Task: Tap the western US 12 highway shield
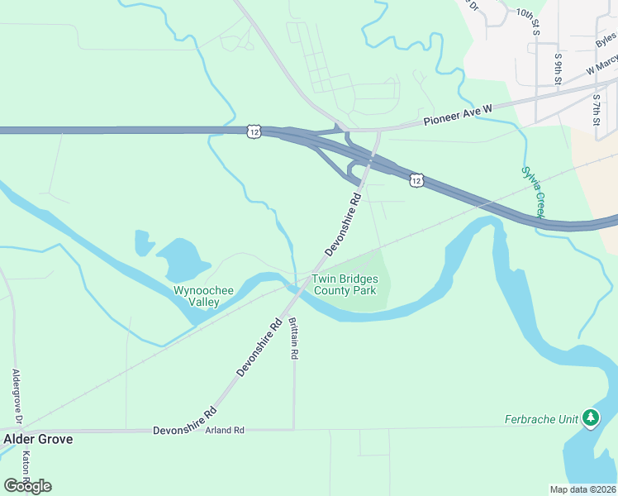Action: (253, 131)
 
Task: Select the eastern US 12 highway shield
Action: (416, 179)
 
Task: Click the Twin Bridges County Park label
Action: (344, 285)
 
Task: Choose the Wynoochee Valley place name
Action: (196, 296)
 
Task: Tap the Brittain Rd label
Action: (294, 339)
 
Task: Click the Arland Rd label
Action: (226, 431)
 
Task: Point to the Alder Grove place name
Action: (38, 439)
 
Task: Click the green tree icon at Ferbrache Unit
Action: (590, 418)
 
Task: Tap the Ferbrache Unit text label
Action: (541, 419)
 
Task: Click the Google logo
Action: (27, 485)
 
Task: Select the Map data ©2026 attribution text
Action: (582, 489)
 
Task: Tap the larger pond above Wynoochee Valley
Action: (183, 259)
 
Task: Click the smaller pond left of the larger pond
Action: (144, 242)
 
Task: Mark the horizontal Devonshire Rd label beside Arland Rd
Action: (183, 432)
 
